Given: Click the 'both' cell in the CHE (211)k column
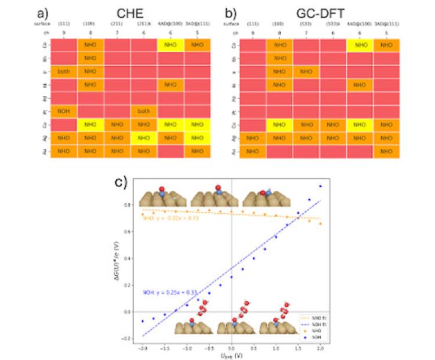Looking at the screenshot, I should click(x=143, y=110).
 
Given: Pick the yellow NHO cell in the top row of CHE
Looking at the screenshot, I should click(x=170, y=44).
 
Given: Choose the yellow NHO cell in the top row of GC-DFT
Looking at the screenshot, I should click(x=360, y=44).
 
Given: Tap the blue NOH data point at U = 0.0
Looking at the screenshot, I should click(x=231, y=277).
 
